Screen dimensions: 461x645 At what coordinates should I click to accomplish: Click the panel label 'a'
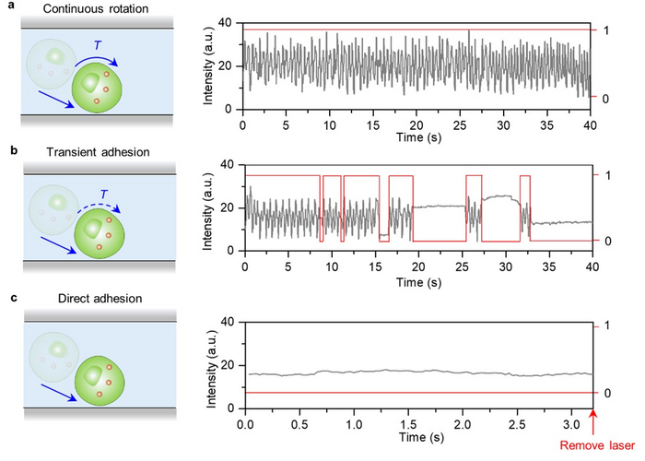tap(6, 8)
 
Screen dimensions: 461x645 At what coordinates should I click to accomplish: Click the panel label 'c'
tap(6, 298)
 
